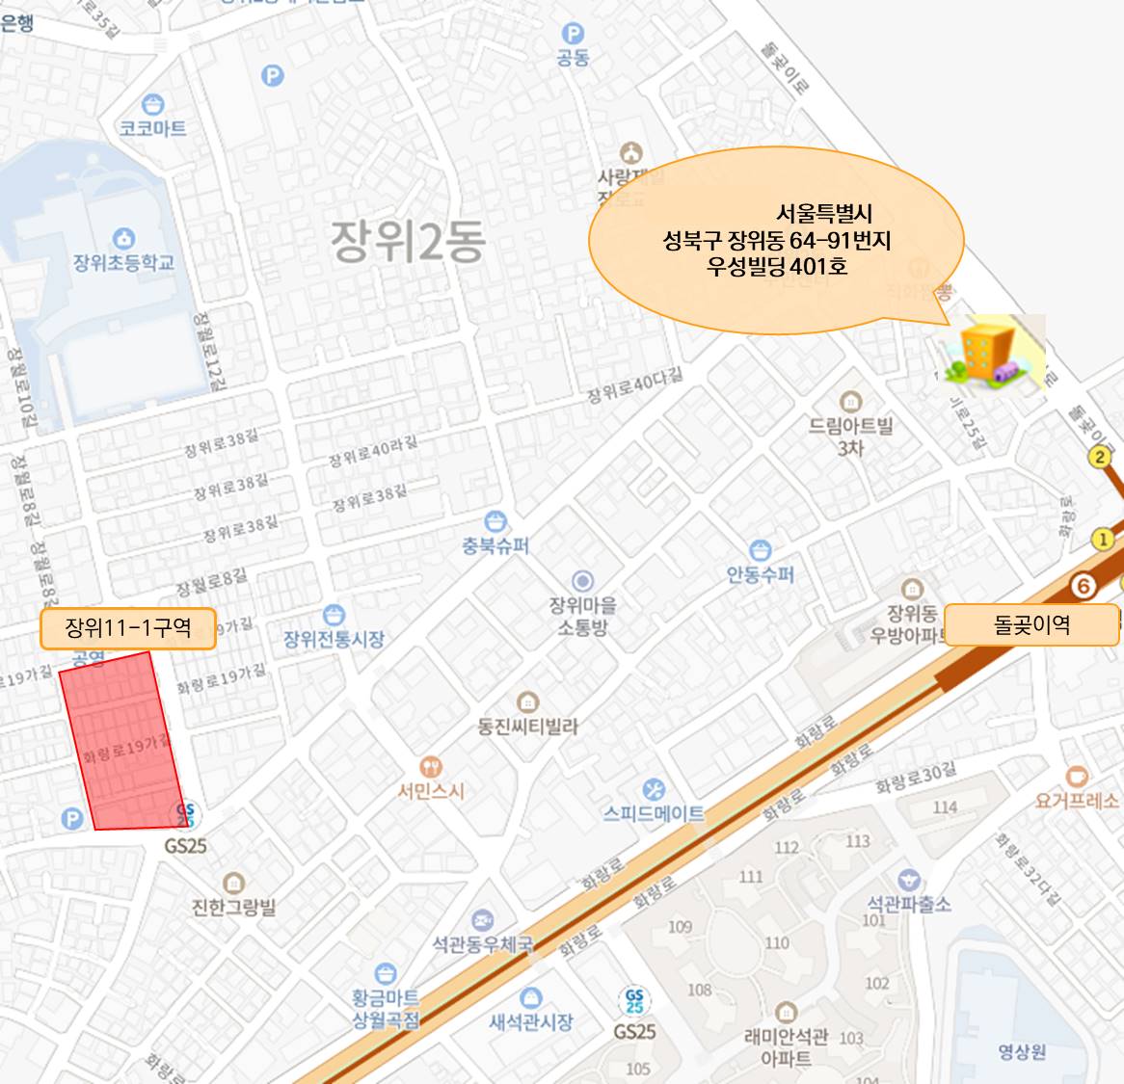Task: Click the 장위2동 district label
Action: coord(408,241)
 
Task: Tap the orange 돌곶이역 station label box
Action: coord(1030,625)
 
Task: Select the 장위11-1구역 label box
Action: coord(127,628)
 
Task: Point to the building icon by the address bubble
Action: coord(991,353)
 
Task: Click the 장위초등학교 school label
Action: coord(123,262)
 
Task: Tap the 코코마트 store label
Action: coord(152,128)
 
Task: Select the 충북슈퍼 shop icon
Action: coord(495,521)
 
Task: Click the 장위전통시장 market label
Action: coord(334,638)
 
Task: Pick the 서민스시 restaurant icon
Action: coord(431,767)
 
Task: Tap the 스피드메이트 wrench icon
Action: coord(654,789)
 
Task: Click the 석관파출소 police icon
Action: coord(907,880)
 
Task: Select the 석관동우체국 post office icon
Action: coord(482,920)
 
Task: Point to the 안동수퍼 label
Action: coord(761,575)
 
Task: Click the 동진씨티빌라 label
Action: coord(527,726)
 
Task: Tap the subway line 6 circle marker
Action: coord(1084,584)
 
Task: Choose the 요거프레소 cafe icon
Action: coord(1077,777)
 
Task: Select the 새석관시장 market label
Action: coord(530,1021)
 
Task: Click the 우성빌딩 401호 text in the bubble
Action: coord(777,266)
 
